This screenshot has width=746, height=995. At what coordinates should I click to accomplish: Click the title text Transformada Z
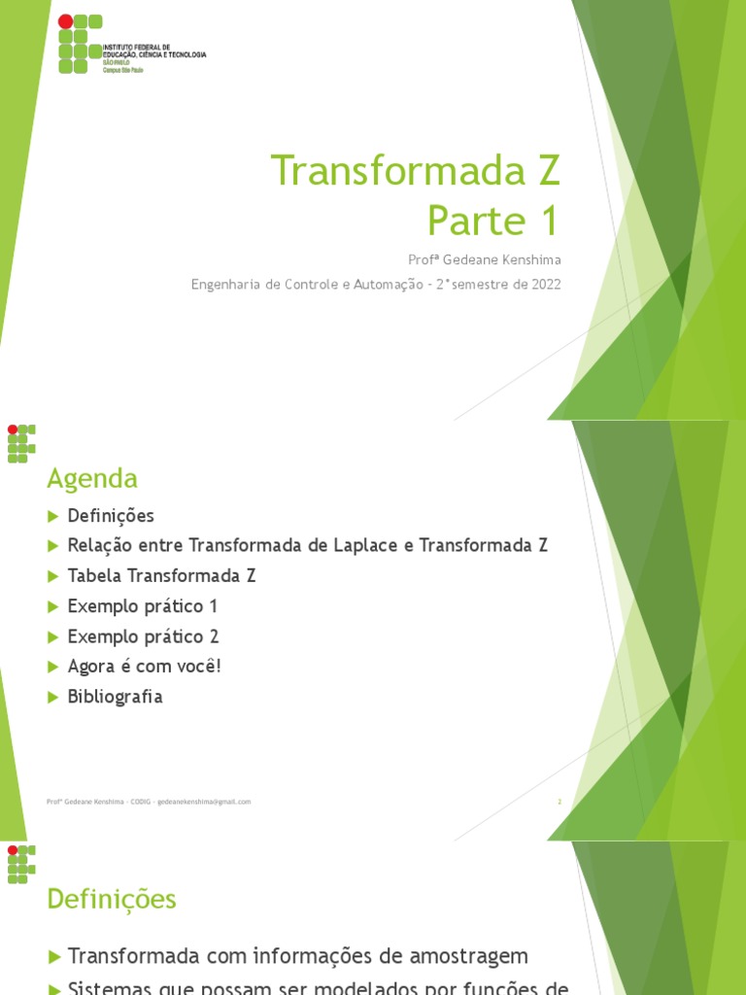[x=416, y=171]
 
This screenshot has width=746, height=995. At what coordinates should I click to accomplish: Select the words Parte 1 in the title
[x=493, y=222]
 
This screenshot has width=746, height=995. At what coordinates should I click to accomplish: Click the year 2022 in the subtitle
[x=544, y=284]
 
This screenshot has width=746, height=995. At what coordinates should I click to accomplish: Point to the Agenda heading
[x=92, y=478]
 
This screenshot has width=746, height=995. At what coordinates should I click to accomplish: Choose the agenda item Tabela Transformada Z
[x=161, y=575]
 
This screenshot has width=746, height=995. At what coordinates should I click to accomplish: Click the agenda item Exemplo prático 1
[x=143, y=606]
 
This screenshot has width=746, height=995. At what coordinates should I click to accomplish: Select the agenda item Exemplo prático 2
[x=143, y=636]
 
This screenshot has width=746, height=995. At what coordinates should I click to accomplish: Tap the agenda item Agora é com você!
[x=145, y=667]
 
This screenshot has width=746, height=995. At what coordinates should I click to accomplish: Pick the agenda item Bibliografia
[x=115, y=697]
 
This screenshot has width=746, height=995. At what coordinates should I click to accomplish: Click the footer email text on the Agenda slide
[x=204, y=802]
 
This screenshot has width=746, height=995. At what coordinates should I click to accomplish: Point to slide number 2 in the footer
[x=559, y=802]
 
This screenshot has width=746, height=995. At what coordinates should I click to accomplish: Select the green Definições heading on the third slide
[x=112, y=899]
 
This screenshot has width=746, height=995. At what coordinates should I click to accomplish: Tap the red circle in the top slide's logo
[x=65, y=21]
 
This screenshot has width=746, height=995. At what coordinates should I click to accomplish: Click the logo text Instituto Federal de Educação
[x=153, y=51]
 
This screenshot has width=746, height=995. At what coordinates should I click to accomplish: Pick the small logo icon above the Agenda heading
[x=21, y=443]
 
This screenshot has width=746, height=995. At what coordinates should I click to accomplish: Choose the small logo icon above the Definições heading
[x=21, y=864]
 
